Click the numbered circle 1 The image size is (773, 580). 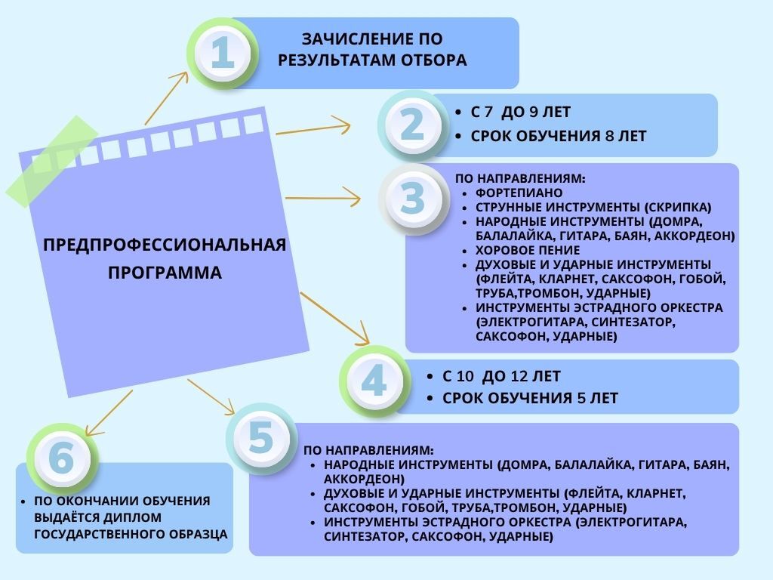tap(223, 54)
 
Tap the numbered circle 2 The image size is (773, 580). tap(411, 125)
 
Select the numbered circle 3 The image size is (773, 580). tap(412, 198)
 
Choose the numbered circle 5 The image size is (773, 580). tap(261, 440)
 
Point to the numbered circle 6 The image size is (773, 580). tap(62, 459)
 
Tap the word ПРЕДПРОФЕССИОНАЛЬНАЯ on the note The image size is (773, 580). tap(165, 245)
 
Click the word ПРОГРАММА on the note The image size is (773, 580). tap(165, 273)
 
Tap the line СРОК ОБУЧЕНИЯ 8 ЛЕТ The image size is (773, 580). tap(559, 137)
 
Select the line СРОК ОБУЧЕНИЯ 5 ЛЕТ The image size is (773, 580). tap(530, 399)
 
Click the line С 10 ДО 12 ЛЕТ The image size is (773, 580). tap(501, 376)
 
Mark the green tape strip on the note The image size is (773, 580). tap(51, 161)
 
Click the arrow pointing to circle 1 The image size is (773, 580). tap(167, 97)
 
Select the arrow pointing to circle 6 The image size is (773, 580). tap(109, 414)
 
